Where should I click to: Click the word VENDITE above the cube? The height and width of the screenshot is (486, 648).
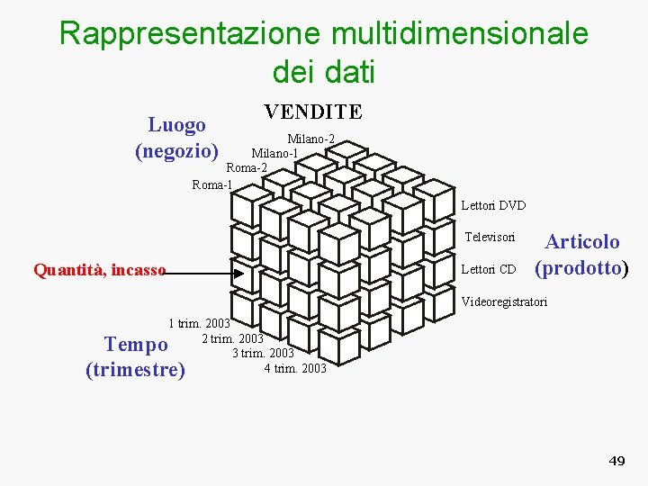point(312,112)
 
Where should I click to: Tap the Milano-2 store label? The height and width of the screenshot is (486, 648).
point(310,139)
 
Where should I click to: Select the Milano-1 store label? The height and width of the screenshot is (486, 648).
point(274,153)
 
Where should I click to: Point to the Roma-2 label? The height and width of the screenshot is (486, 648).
point(247,167)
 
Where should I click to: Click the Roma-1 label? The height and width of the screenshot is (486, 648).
point(212,184)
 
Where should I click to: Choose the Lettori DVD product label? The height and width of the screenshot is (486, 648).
point(493,206)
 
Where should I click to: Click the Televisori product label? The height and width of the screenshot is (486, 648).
point(490,238)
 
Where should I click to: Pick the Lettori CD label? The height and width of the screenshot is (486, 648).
point(488,269)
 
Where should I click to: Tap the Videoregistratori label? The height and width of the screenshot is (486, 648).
point(504,301)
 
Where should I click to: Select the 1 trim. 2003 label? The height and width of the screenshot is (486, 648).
point(199,323)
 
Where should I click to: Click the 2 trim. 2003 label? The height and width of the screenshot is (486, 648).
point(232,338)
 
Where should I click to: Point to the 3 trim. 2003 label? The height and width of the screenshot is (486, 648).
point(263,353)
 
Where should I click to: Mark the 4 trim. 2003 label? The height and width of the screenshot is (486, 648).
point(295,368)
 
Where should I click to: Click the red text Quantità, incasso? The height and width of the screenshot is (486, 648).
point(99,269)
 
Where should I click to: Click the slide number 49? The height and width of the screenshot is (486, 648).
point(616,461)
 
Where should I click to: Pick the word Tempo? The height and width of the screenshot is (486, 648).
point(136,345)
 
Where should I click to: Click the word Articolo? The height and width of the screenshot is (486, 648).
point(582,241)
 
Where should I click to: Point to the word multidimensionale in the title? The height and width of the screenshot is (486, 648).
point(460,33)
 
